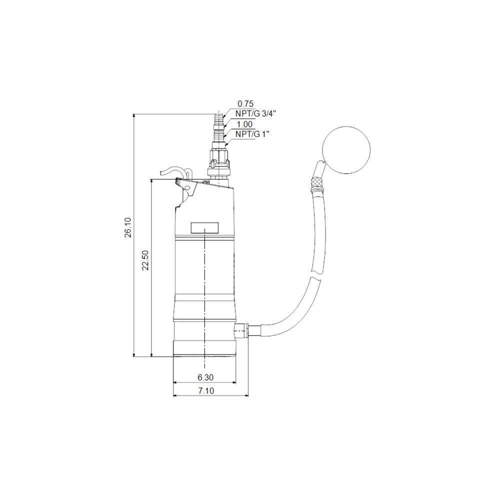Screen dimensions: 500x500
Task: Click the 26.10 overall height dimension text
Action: click(x=128, y=227)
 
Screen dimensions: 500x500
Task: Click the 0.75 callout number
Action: click(x=245, y=104)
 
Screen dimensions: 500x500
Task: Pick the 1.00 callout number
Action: click(x=245, y=123)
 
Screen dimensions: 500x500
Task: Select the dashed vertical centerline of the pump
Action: click(x=205, y=300)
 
